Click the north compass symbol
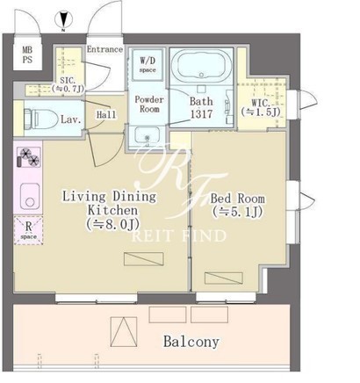click(63, 19)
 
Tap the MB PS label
click(27, 54)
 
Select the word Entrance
click(104, 49)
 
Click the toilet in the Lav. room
click(40, 119)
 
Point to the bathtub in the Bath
click(201, 65)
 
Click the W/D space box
click(148, 65)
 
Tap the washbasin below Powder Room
click(148, 135)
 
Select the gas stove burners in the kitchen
click(29, 157)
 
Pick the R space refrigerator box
click(28, 230)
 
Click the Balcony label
click(191, 342)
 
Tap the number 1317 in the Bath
click(201, 114)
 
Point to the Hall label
click(106, 114)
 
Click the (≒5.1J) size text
click(238, 212)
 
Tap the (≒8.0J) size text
click(113, 224)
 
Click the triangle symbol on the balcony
click(124, 332)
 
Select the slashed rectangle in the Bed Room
click(224, 278)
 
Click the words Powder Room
click(149, 104)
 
